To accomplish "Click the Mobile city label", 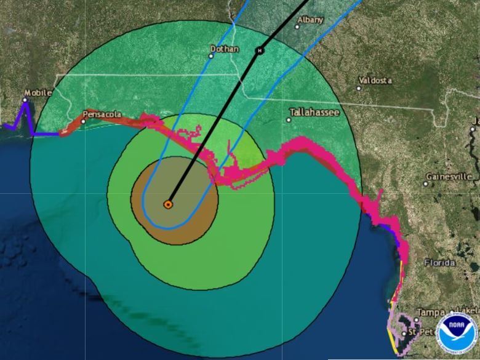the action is click(38, 92).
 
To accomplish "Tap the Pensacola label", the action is click(102, 114).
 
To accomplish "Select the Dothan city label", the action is click(225, 49).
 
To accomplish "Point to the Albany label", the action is click(310, 20).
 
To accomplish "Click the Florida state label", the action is click(439, 263).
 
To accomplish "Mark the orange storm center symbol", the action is click(168, 204).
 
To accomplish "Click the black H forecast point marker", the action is click(260, 50).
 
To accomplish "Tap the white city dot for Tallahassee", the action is click(289, 119).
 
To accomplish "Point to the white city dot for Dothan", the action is click(210, 56).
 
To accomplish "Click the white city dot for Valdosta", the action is click(359, 87).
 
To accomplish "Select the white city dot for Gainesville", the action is click(426, 183).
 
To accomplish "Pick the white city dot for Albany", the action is click(297, 26).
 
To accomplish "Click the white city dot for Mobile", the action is click(26, 100).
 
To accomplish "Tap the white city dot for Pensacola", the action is click(83, 121).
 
